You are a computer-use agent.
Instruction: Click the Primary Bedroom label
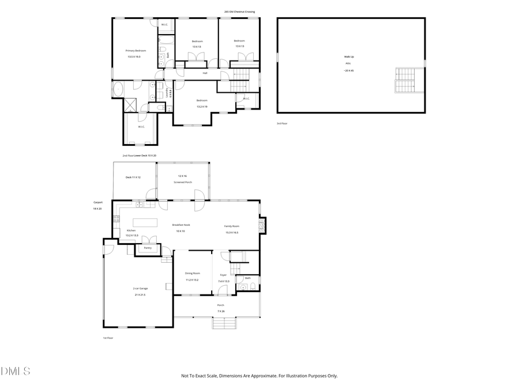click(136, 51)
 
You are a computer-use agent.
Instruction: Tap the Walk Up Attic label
click(349, 56)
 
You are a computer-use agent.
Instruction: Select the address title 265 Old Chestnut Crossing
click(239, 12)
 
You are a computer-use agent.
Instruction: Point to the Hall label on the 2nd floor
click(205, 73)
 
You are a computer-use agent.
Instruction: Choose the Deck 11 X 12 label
click(133, 177)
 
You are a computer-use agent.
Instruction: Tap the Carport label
click(97, 202)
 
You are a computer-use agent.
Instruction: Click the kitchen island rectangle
click(145, 222)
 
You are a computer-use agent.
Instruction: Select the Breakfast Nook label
click(181, 225)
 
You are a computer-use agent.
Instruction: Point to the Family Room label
click(232, 226)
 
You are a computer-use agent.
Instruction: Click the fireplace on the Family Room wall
click(263, 225)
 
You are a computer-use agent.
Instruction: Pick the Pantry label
click(148, 248)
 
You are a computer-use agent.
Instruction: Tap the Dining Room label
click(192, 273)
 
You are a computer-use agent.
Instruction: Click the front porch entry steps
click(225, 323)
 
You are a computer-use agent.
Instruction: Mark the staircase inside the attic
click(405, 80)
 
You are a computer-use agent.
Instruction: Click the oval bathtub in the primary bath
click(118, 89)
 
